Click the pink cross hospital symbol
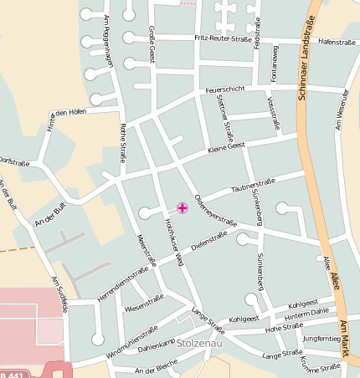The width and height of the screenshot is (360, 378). click(183, 207)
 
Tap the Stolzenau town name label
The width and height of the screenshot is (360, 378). click(198, 344)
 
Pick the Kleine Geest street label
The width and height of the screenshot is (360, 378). click(226, 147)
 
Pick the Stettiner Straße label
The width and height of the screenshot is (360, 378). click(224, 117)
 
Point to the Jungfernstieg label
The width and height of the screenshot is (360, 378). click(322, 339)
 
